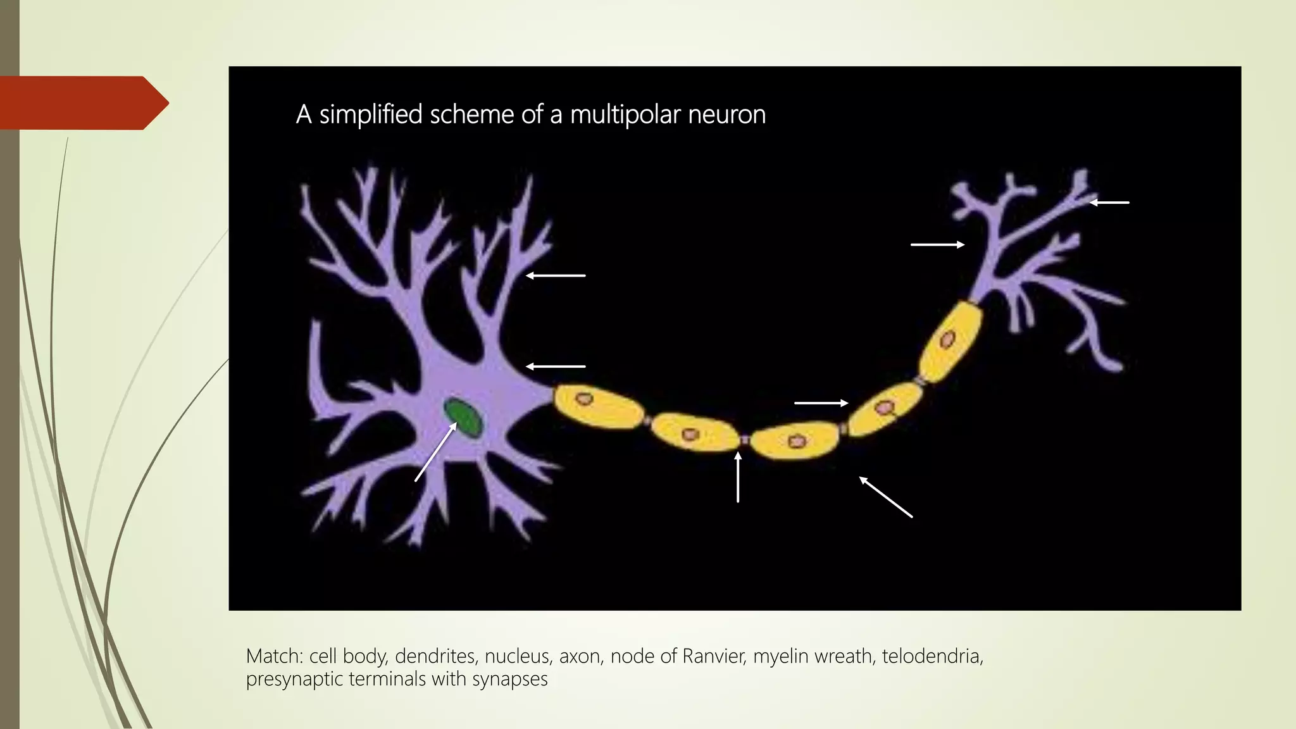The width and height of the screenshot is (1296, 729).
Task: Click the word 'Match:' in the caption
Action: click(275, 656)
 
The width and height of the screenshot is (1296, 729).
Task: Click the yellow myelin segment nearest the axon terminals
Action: click(950, 342)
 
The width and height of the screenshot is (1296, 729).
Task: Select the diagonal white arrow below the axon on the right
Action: click(885, 497)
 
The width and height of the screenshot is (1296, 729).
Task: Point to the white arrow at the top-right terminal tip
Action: click(1109, 202)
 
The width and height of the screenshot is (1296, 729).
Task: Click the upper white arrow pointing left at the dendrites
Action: click(556, 276)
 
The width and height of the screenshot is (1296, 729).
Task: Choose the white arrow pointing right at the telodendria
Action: click(937, 244)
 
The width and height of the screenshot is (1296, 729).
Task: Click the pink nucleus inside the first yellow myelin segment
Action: click(583, 399)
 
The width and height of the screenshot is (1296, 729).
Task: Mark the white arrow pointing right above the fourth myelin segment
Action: click(821, 403)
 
